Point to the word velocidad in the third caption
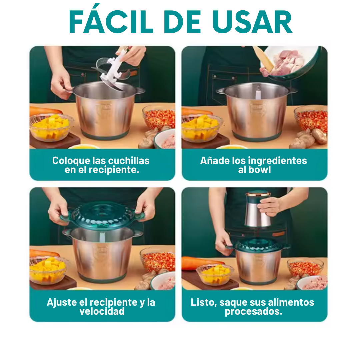[102, 311]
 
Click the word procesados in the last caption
[253, 312]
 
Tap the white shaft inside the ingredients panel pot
[258, 93]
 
